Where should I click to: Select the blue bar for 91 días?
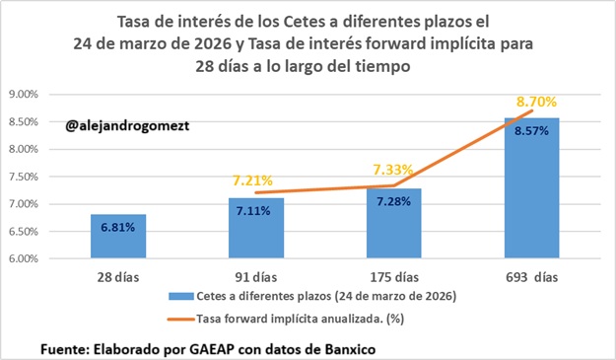[x=255, y=229]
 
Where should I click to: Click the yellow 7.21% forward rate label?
[x=255, y=181]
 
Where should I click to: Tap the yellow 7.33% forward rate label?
[x=392, y=170]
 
